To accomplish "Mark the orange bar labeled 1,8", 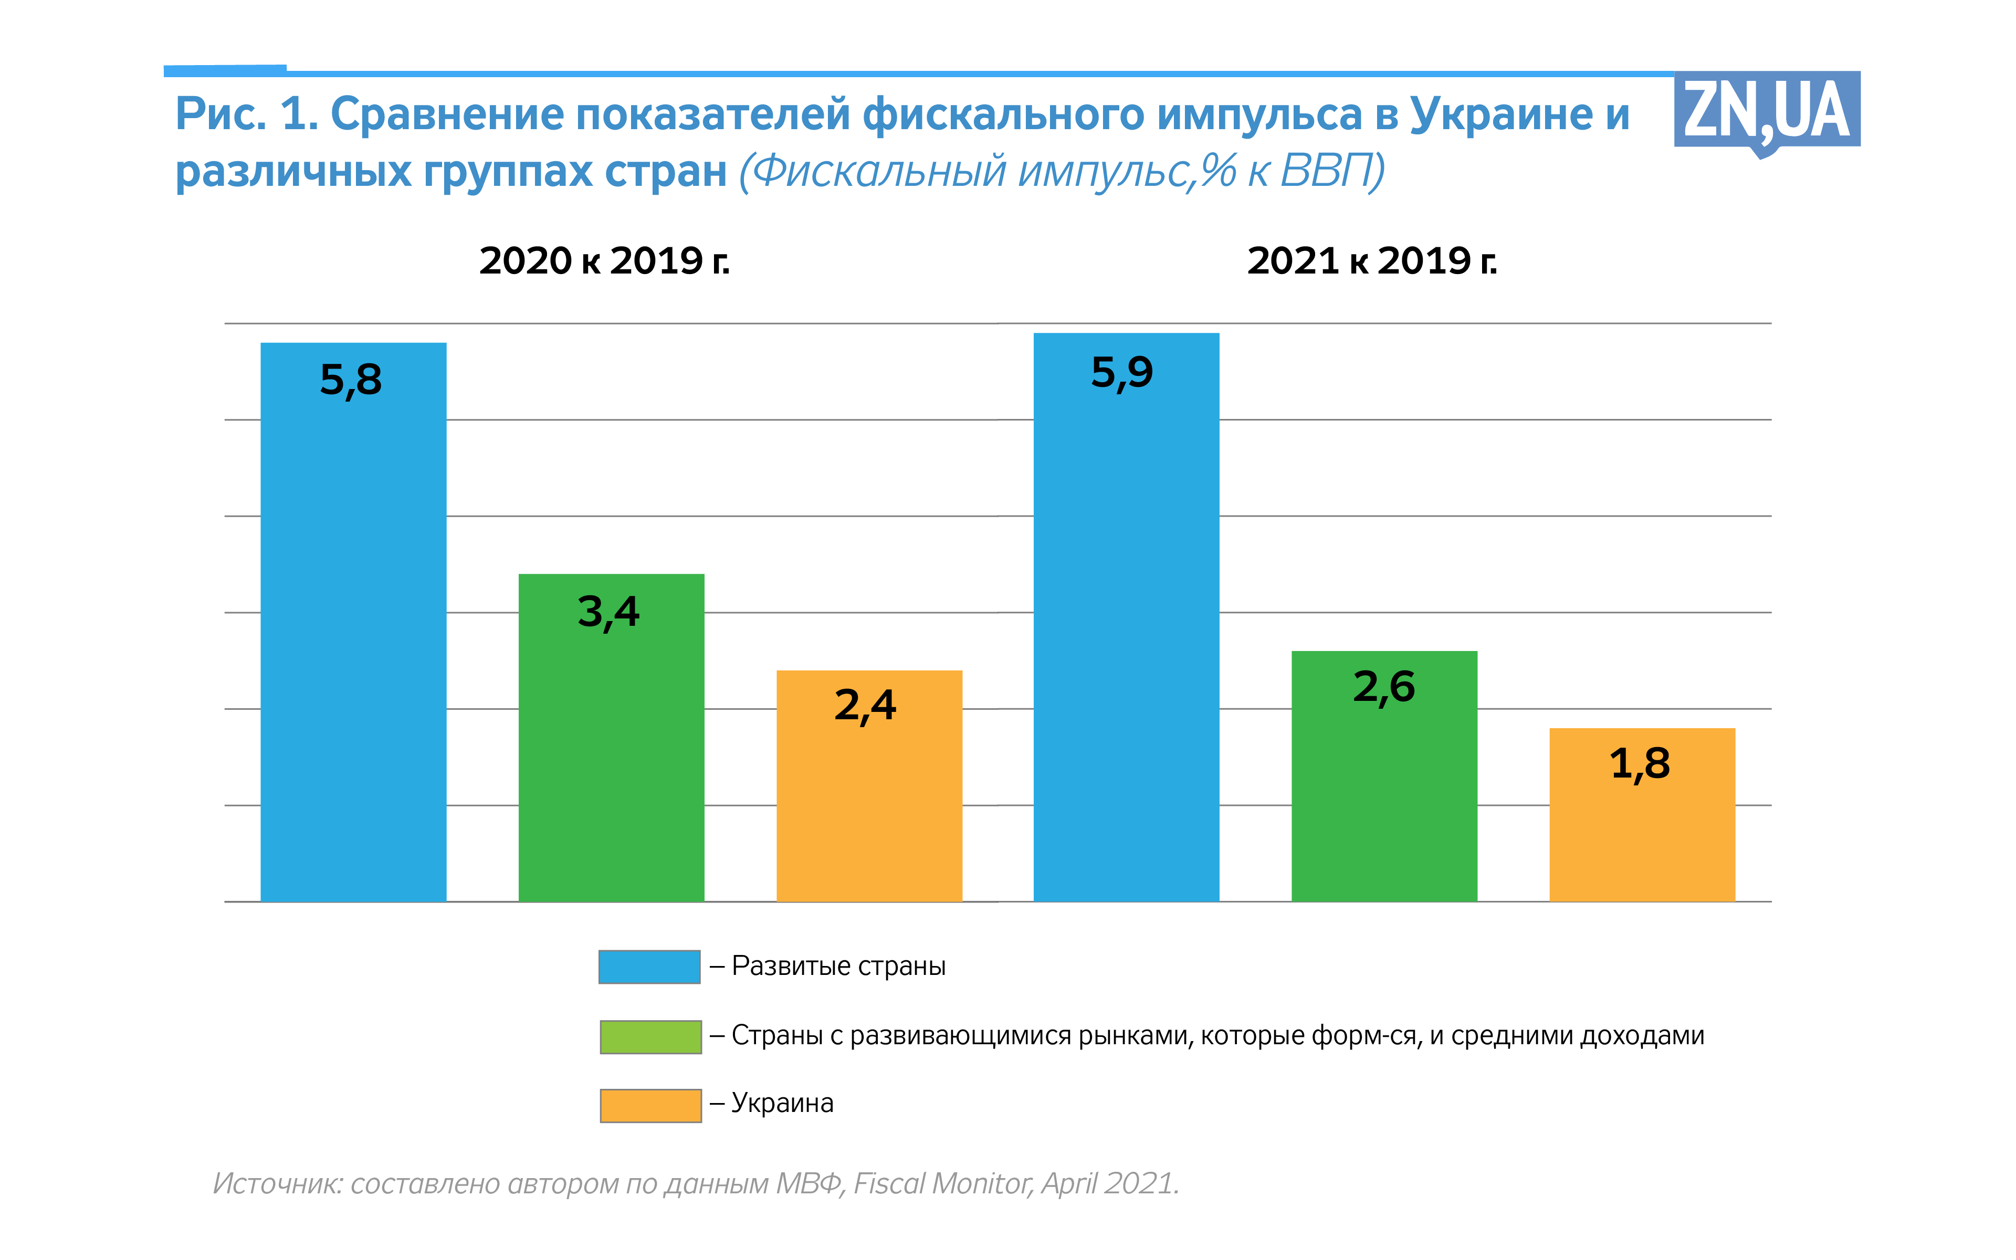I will (x=1641, y=825).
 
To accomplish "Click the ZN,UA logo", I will (x=1766, y=112).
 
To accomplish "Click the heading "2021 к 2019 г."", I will (x=1371, y=261).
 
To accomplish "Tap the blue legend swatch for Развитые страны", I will (x=649, y=967).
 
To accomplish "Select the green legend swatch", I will (x=650, y=1037).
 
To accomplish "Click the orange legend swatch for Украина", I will (x=650, y=1105).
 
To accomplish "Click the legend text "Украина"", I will (x=782, y=1104).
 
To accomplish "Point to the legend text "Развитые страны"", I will (x=838, y=966).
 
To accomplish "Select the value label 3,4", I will (x=608, y=612).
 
